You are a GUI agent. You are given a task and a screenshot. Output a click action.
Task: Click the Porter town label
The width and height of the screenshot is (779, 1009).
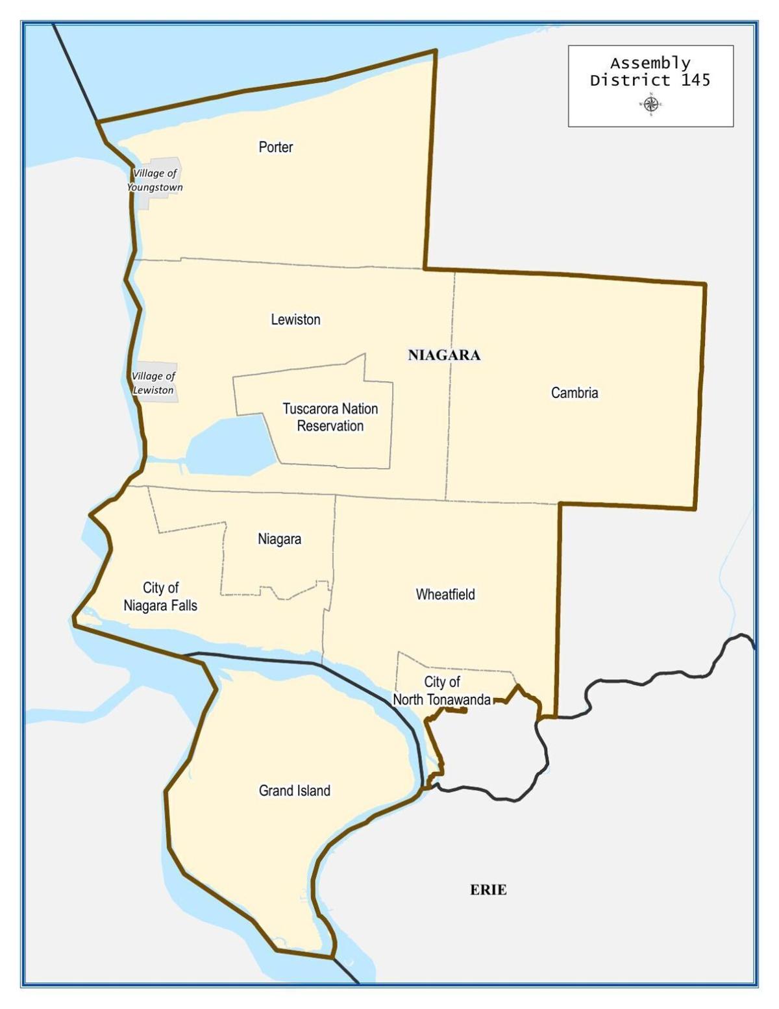point(275,147)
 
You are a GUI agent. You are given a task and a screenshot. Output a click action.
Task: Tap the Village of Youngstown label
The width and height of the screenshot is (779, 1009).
point(155,181)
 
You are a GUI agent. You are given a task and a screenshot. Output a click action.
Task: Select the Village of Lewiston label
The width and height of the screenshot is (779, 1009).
point(153,383)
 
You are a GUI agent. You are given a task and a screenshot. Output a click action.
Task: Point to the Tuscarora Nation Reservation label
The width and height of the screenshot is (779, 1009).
point(330,417)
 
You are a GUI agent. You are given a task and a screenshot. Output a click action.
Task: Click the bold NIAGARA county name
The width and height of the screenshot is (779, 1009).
point(444,355)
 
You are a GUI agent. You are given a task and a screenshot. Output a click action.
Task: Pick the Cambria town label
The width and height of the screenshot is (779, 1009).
point(575,393)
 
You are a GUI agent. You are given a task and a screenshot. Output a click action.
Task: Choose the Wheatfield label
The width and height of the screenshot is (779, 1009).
point(445,594)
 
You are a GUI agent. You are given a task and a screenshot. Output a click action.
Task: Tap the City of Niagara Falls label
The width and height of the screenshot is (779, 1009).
point(160,597)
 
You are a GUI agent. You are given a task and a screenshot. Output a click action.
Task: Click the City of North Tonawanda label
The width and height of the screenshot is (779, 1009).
point(442,691)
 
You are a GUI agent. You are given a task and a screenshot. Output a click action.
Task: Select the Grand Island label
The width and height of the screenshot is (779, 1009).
point(295,791)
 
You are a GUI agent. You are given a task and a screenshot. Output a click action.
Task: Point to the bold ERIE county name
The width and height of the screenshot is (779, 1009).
point(488,890)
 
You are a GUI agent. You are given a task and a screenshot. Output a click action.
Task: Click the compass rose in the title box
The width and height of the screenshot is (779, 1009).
point(651,103)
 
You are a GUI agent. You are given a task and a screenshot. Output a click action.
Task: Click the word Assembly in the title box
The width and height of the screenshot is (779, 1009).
point(650,64)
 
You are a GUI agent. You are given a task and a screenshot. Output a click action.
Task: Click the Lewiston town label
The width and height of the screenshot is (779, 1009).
point(295,319)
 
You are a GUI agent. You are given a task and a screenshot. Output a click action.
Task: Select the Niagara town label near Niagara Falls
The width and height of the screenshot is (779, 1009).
point(279,539)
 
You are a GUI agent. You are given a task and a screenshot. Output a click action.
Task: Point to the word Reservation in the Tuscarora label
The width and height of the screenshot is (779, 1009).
point(330,427)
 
